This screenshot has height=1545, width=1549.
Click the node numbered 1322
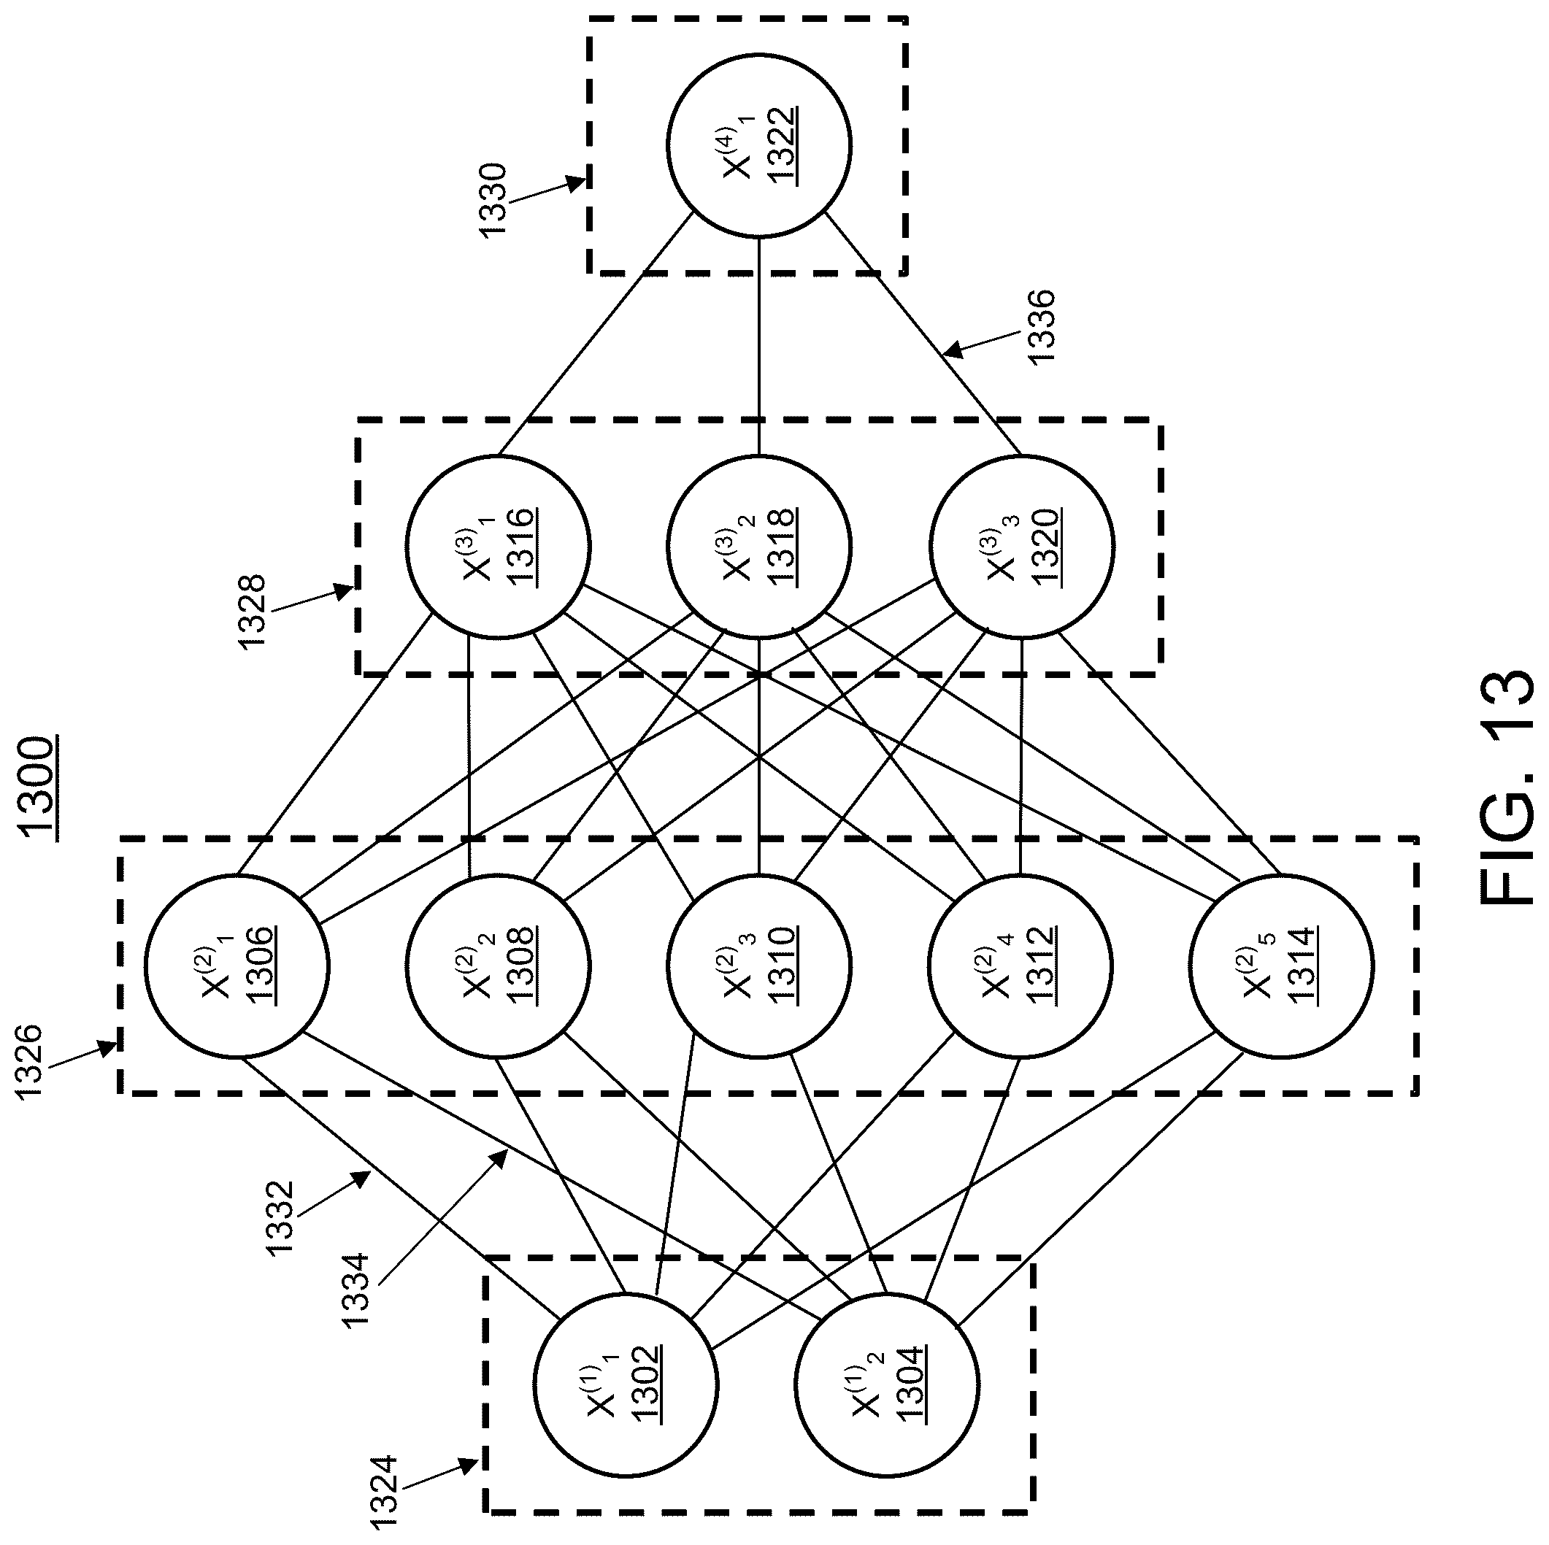[x=758, y=145]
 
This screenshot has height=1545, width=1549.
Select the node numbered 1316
[x=498, y=547]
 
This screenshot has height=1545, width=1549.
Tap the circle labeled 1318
[x=758, y=547]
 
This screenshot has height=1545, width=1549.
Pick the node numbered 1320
[x=1021, y=547]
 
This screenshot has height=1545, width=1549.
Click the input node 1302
[x=626, y=1384]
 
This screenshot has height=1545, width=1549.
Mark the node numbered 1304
[x=887, y=1384]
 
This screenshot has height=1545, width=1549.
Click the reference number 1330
[x=492, y=201]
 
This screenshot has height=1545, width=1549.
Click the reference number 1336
[x=1041, y=328]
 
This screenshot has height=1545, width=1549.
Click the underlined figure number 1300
[x=39, y=789]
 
